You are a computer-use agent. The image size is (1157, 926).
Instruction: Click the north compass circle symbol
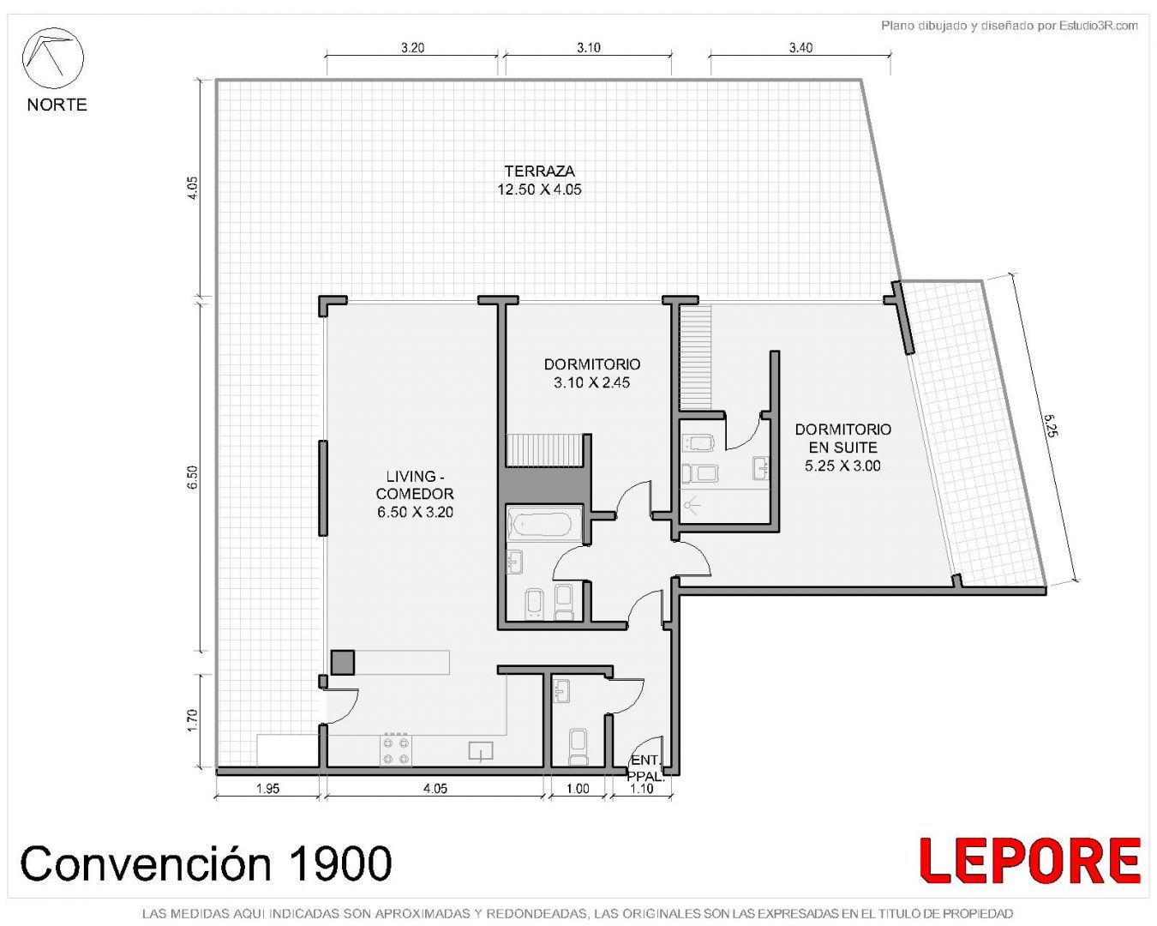pyautogui.click(x=52, y=58)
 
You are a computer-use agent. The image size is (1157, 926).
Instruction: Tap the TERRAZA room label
pyautogui.click(x=539, y=171)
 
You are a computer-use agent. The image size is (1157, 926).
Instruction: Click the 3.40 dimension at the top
pyautogui.click(x=800, y=48)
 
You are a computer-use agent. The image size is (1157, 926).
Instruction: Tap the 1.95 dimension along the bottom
pyautogui.click(x=267, y=788)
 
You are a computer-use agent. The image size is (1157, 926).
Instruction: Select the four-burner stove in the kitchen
pyautogui.click(x=396, y=750)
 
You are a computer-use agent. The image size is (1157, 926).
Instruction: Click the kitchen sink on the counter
pyautogui.click(x=481, y=751)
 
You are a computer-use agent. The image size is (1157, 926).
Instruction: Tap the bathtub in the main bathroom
pyautogui.click(x=544, y=523)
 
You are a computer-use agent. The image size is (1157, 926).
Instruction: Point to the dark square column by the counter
pyautogui.click(x=343, y=662)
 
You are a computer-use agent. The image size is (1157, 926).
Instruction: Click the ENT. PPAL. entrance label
pyautogui.click(x=645, y=768)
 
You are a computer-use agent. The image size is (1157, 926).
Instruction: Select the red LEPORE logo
pyautogui.click(x=1030, y=860)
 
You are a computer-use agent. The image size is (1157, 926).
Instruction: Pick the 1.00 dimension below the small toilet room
pyautogui.click(x=578, y=788)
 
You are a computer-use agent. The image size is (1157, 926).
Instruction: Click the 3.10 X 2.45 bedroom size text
pyautogui.click(x=591, y=382)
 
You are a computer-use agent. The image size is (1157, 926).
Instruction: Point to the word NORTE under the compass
pyautogui.click(x=57, y=105)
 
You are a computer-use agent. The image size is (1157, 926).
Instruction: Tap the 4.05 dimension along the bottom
pyautogui.click(x=435, y=788)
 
